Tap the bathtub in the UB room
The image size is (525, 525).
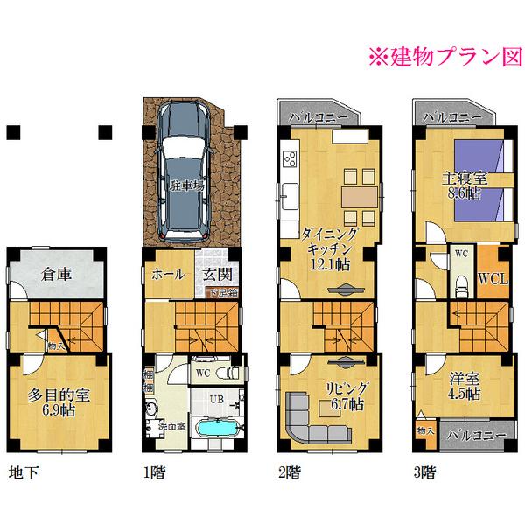[216, 432]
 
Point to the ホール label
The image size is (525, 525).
[168, 274]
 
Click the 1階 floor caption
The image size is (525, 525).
[153, 474]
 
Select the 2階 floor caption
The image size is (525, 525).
[289, 474]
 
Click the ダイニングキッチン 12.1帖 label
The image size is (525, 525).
[329, 248]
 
